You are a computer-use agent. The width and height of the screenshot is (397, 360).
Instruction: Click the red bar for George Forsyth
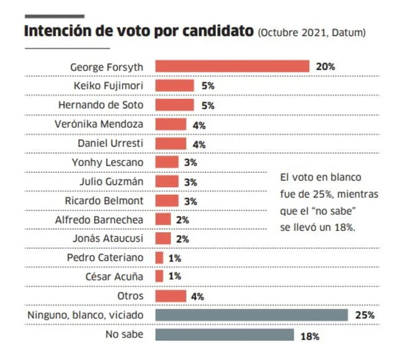[232, 66]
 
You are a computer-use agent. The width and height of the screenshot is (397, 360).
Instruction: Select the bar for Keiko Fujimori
[174, 85]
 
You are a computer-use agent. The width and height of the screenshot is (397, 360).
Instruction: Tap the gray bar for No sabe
[224, 335]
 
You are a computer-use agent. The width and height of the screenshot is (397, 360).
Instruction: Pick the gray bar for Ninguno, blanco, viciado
[251, 315]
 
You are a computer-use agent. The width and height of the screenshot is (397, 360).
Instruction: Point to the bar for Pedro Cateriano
[159, 258]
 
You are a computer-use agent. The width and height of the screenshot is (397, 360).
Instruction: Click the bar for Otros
[171, 296]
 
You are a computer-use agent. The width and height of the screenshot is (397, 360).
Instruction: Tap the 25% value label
[365, 316]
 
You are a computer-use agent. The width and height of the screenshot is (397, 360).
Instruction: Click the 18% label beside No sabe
[310, 336]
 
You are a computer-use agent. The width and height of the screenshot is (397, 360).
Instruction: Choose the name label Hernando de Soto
[109, 104]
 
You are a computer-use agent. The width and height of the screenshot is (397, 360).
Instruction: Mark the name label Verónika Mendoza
[107, 124]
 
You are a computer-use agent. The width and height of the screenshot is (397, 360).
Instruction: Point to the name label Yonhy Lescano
[113, 162]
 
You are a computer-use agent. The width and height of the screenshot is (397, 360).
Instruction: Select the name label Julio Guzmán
[116, 181]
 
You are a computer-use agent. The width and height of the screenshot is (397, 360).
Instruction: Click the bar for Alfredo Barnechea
[163, 219]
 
